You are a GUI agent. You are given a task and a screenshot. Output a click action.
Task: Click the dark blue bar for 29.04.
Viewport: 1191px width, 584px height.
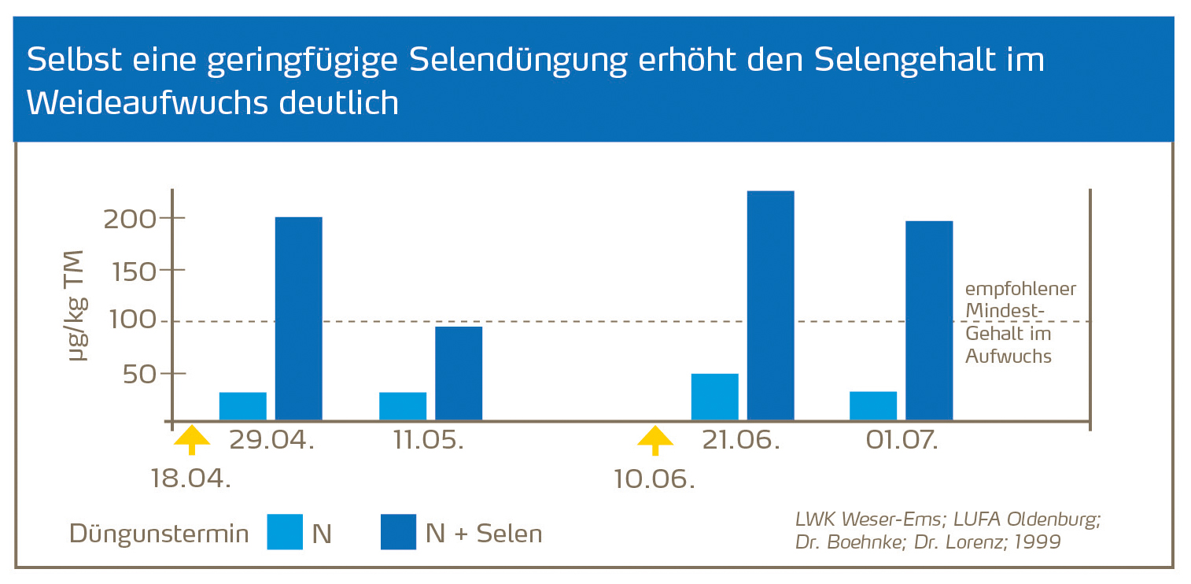[x=298, y=318]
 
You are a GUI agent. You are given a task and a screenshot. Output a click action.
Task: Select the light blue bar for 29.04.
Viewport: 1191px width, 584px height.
[x=242, y=406]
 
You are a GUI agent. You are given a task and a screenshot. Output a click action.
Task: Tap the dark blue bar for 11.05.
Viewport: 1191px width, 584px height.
[x=459, y=373]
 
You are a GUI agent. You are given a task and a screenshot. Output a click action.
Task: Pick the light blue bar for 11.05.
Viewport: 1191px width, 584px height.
[x=403, y=406]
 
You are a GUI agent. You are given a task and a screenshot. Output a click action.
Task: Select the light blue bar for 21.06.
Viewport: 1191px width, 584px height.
[x=714, y=397]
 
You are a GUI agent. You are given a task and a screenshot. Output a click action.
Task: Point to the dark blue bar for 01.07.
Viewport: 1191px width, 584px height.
[x=929, y=320]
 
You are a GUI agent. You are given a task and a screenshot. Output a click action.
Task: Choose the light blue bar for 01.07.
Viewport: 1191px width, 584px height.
[x=873, y=405]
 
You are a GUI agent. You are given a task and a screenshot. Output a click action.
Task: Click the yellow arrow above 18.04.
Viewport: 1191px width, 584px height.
[x=192, y=440]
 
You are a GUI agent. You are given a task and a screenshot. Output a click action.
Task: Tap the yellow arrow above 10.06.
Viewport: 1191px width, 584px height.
[x=654, y=440]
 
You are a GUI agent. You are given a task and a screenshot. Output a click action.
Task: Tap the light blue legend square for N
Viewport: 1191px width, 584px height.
[x=285, y=532]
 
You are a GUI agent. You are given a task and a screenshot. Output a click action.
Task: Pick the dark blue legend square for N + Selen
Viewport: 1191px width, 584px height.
[x=399, y=532]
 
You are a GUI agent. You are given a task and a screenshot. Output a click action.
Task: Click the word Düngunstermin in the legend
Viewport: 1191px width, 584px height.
[x=159, y=534]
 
